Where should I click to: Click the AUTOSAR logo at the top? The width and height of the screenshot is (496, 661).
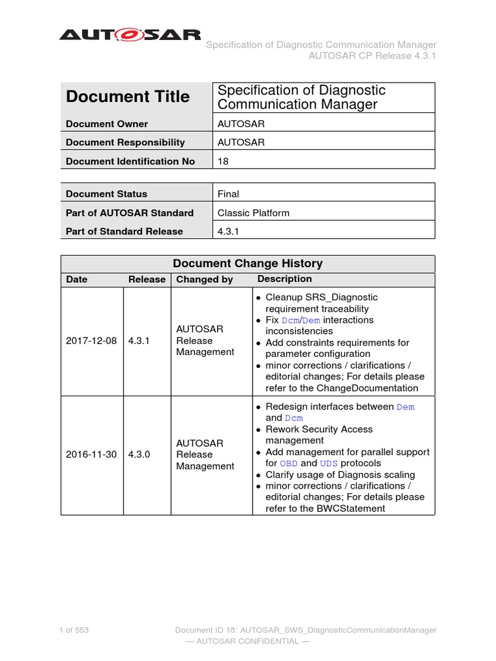tap(130, 35)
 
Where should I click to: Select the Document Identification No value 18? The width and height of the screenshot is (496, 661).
tap(223, 161)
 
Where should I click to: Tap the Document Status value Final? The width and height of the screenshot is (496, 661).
tap(229, 194)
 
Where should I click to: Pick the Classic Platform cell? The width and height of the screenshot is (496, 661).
tap(253, 212)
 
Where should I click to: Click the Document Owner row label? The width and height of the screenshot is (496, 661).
tap(107, 124)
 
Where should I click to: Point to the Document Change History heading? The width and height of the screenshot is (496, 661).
tap(248, 263)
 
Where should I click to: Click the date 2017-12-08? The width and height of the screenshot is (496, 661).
tap(91, 340)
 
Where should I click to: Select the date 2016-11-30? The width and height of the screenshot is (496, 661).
tap(91, 454)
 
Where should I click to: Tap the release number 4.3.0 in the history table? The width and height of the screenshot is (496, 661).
tap(139, 454)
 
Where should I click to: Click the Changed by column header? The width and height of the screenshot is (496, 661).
tap(205, 280)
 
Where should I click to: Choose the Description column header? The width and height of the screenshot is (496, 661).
tap(284, 279)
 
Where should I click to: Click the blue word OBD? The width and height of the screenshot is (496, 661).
tap(289, 463)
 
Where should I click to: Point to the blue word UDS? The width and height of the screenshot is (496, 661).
tap(329, 463)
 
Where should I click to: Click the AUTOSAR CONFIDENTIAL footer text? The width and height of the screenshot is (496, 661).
tap(247, 641)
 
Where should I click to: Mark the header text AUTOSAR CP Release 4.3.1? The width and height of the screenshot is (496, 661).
tap(373, 56)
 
